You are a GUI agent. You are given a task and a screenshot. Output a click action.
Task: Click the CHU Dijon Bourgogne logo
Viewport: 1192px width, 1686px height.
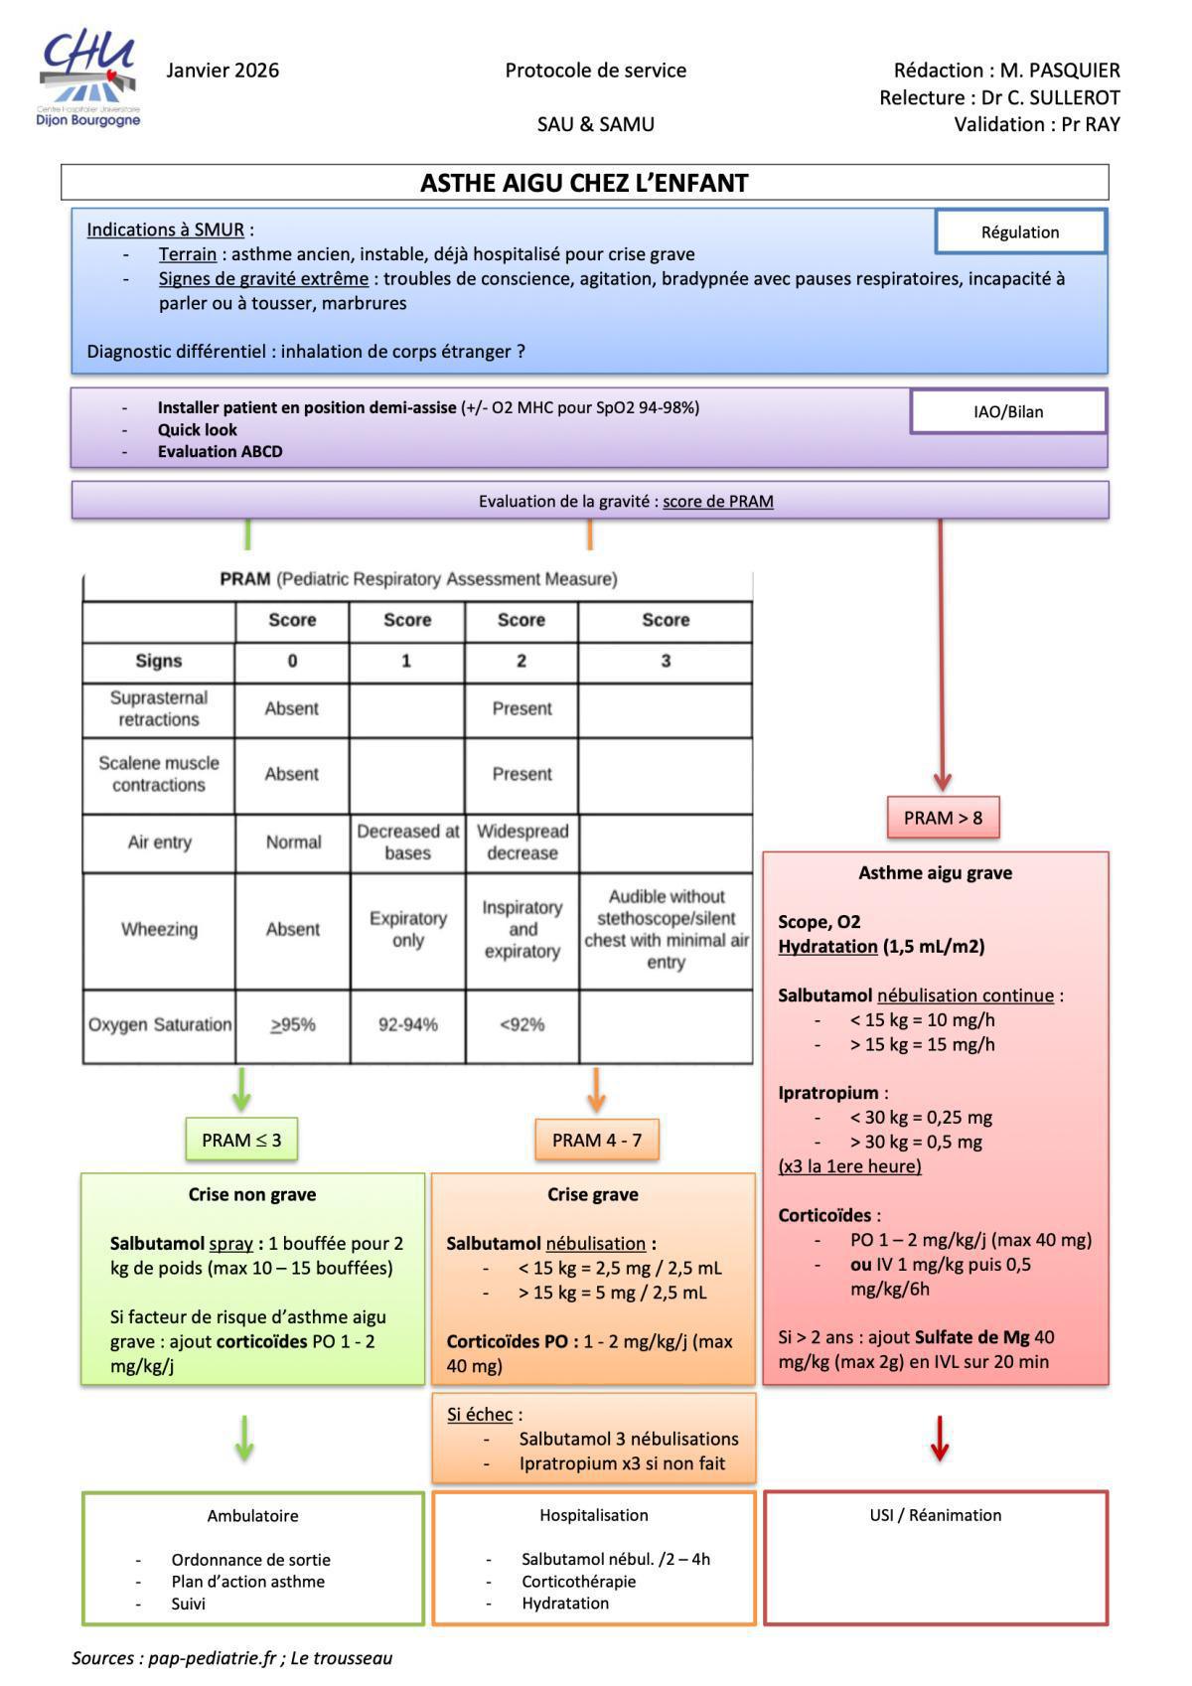click(x=88, y=77)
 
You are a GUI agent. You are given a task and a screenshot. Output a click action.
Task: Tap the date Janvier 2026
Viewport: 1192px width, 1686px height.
click(x=223, y=71)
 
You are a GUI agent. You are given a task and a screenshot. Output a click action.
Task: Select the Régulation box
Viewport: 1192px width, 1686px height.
click(x=1020, y=231)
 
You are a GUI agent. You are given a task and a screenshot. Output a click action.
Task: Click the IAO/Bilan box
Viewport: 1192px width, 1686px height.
click(x=1007, y=411)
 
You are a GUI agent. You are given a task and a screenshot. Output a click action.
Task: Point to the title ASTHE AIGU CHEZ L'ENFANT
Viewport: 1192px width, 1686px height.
click(x=584, y=183)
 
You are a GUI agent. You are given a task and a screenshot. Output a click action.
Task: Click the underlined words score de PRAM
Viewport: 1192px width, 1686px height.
click(x=718, y=502)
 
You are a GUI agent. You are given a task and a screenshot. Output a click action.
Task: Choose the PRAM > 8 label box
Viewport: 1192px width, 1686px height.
click(x=943, y=818)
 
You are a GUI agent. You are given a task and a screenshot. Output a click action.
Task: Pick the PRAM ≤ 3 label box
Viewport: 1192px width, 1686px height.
click(x=241, y=1140)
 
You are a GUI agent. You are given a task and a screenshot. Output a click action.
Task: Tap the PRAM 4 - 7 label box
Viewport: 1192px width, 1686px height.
click(x=597, y=1140)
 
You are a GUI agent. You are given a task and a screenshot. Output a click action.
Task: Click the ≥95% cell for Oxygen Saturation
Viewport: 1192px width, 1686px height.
click(x=293, y=1024)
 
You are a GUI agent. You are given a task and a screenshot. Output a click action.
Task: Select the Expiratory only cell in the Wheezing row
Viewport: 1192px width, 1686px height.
click(x=408, y=929)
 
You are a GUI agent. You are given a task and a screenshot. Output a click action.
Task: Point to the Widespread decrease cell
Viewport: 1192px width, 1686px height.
click(x=522, y=843)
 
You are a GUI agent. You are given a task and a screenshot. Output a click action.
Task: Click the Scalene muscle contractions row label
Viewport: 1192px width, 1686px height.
click(x=159, y=774)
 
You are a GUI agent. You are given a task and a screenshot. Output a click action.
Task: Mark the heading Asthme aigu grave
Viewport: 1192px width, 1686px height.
click(x=936, y=872)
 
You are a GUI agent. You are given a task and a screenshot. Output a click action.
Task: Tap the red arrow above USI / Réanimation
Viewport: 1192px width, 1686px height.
click(x=940, y=1439)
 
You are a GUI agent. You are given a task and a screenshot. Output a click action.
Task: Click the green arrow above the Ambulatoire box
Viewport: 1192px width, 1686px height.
click(x=244, y=1439)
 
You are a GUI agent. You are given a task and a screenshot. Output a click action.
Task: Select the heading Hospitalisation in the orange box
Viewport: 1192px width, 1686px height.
click(x=594, y=1515)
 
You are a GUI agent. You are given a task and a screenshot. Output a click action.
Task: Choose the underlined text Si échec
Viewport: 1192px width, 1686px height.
click(x=480, y=1415)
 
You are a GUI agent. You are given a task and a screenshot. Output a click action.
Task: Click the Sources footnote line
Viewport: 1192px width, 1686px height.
click(x=232, y=1657)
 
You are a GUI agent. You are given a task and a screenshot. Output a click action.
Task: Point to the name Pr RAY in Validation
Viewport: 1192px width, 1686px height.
click(x=1091, y=124)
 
